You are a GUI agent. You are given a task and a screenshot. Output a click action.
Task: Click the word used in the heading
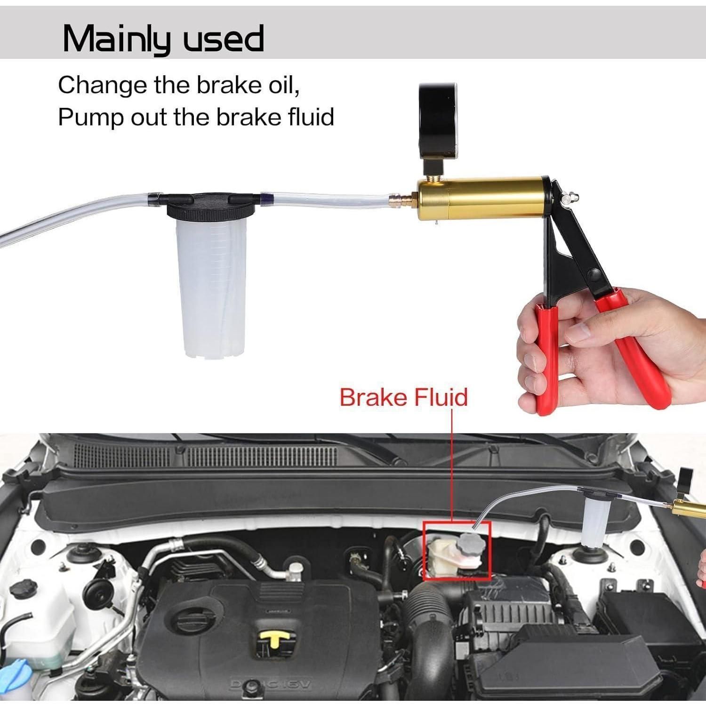tap(223, 38)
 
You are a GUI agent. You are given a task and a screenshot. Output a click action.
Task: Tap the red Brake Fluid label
tap(403, 396)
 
